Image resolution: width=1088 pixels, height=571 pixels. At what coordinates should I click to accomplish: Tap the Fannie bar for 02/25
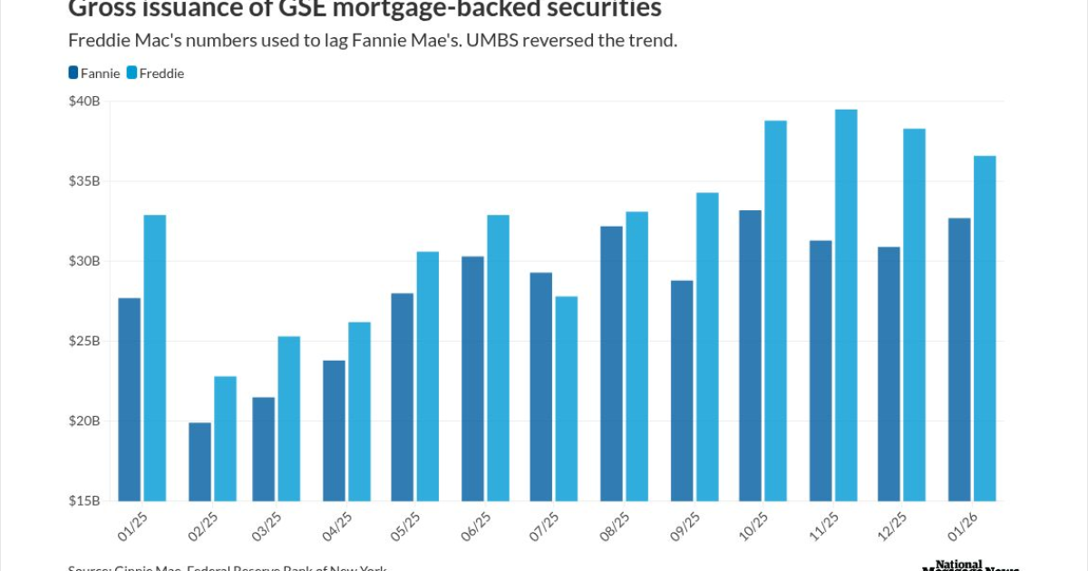coord(200,461)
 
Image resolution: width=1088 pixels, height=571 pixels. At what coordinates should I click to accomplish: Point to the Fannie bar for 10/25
coord(751,355)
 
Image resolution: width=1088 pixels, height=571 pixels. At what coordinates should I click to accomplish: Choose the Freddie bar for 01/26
coord(985,328)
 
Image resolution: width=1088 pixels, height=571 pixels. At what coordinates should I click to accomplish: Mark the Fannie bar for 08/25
coord(612,363)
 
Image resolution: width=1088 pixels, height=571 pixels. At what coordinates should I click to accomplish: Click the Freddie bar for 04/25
coord(360,411)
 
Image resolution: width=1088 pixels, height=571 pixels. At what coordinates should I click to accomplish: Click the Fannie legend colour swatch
coord(73,73)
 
